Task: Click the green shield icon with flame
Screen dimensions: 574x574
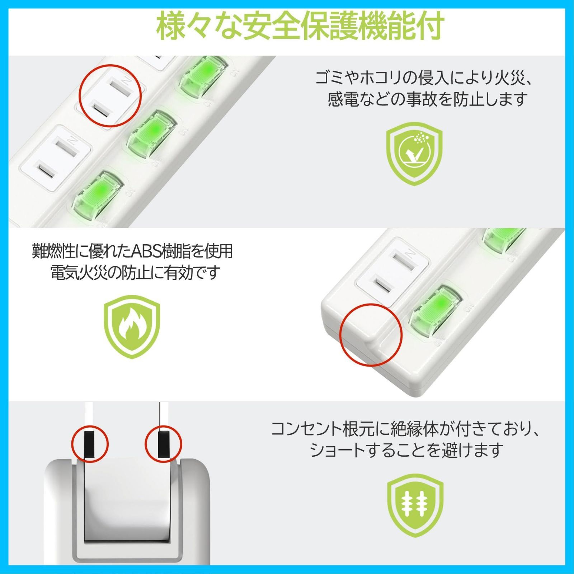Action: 132,326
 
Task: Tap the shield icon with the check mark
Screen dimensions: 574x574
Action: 414,154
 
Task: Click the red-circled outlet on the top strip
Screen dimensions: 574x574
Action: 110,96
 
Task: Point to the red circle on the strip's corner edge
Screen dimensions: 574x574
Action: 371,335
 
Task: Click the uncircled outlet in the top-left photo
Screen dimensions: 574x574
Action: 55,158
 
